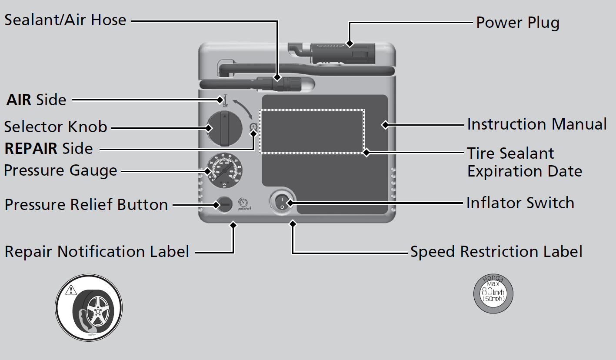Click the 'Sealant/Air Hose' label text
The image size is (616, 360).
tap(65, 20)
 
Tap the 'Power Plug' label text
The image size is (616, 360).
tap(517, 23)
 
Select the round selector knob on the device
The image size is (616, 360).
tap(224, 129)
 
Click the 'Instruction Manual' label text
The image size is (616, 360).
tap(536, 125)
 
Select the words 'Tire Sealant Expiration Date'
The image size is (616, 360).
tap(524, 162)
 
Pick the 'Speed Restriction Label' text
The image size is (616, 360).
tap(496, 252)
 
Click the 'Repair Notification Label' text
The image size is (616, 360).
tap(97, 252)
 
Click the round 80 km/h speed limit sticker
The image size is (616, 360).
tap(493, 294)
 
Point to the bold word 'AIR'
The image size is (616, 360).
tap(19, 100)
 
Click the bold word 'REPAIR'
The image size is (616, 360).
tap(31, 149)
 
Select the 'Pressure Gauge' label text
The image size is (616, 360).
tap(60, 170)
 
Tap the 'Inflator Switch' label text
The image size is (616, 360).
tap(520, 203)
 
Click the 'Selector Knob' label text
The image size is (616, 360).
tap(56, 127)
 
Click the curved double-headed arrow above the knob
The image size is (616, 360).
tap(243, 109)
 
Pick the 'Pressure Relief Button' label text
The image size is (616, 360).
tap(86, 204)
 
